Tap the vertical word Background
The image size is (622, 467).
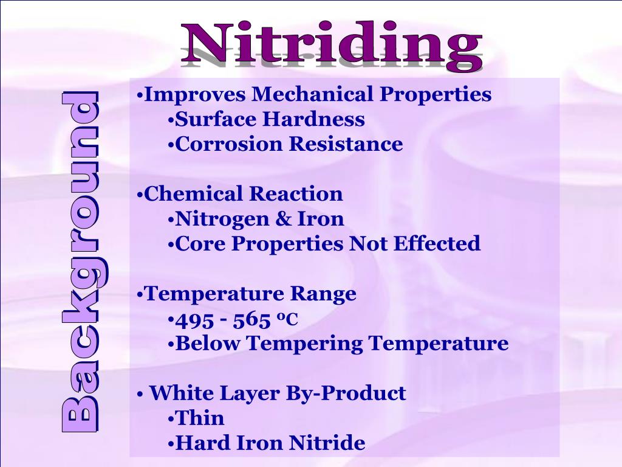(x=80, y=262)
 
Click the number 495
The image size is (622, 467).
(x=193, y=319)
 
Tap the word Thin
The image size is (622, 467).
(x=200, y=419)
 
